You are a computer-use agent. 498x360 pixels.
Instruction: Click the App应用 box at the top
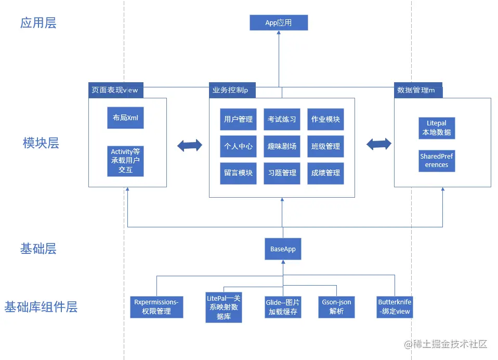tap(279, 23)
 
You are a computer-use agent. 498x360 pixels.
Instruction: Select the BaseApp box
tap(283, 249)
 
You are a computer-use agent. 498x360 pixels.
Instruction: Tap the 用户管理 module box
tap(238, 119)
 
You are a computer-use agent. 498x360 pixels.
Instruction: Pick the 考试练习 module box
tap(282, 119)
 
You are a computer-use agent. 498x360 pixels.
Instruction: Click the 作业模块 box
tap(325, 119)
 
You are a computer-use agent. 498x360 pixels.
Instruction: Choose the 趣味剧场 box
tap(282, 146)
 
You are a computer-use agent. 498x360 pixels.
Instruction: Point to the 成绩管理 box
tap(325, 173)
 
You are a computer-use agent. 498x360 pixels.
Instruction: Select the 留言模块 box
tap(238, 173)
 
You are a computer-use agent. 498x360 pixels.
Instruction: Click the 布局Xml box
tap(125, 118)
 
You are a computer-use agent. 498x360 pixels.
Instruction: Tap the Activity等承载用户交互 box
tap(125, 161)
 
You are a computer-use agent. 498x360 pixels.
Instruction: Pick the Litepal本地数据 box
tap(437, 128)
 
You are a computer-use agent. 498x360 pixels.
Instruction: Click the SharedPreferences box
tap(437, 161)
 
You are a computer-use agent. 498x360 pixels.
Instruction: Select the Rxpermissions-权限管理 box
tap(156, 307)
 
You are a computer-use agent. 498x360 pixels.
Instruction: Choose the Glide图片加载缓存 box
tap(283, 307)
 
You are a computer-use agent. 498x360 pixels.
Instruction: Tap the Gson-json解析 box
tap(337, 307)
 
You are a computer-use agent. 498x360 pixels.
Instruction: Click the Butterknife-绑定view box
tap(395, 307)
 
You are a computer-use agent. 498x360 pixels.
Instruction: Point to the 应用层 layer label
tap(38, 23)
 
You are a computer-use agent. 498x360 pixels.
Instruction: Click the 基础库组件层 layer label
tap(41, 307)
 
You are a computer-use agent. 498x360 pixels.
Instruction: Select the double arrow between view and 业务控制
tap(189, 146)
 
